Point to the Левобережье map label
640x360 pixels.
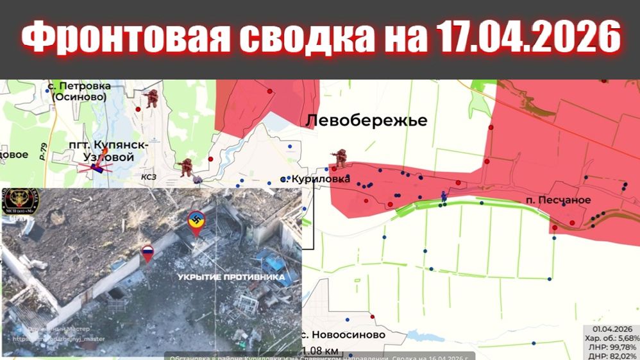366,121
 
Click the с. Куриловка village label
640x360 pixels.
316,179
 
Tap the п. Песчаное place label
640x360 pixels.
557,200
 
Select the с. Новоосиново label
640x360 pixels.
344,335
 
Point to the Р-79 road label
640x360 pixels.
42,152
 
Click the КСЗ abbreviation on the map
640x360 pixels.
149,175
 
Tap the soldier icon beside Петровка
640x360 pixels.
151,98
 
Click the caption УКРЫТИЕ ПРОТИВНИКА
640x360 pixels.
232,277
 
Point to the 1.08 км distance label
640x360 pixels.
321,350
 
